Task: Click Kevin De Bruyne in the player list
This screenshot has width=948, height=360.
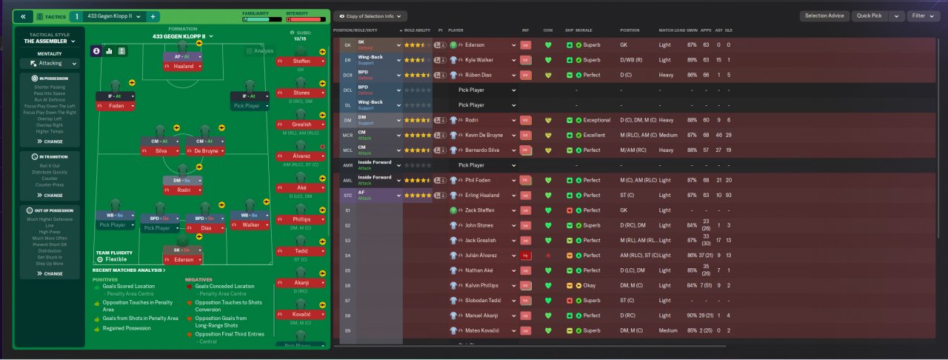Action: (484, 135)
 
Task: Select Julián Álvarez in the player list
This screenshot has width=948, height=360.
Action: (482, 256)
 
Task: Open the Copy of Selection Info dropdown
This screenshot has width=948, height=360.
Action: (370, 16)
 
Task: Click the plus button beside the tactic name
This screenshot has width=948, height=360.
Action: (153, 16)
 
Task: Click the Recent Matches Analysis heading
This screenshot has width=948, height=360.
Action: (127, 270)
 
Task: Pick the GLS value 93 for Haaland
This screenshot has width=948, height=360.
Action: (727, 196)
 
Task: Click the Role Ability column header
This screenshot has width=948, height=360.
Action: (417, 30)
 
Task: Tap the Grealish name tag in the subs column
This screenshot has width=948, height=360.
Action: (301, 124)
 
